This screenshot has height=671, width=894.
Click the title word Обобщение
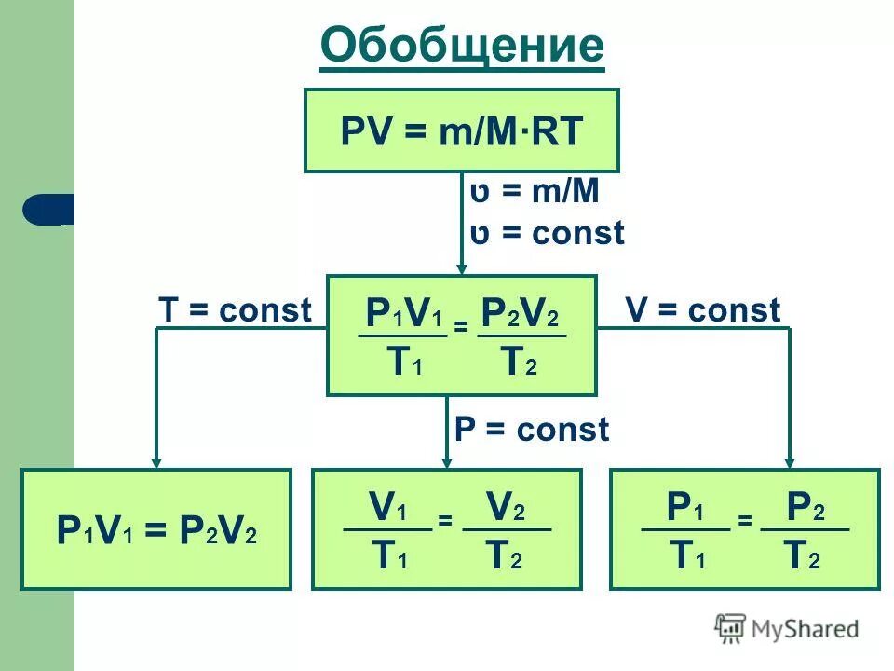(x=462, y=46)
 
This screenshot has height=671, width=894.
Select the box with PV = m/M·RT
(x=462, y=130)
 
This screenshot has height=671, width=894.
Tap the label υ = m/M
(x=535, y=193)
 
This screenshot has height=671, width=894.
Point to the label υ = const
(x=548, y=233)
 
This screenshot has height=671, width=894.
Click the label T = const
(x=235, y=310)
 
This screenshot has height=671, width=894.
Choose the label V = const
(x=703, y=310)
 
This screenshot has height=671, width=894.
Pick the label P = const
(x=531, y=430)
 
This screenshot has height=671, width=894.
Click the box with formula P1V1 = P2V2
(x=156, y=529)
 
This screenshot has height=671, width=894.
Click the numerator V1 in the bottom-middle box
(x=388, y=509)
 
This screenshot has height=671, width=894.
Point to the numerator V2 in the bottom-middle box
(x=506, y=509)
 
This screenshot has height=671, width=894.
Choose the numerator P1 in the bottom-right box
(x=685, y=509)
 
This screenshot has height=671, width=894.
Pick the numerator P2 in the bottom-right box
(x=805, y=509)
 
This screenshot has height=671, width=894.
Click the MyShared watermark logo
(x=787, y=629)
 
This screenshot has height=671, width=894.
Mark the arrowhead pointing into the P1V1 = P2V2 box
(x=156, y=460)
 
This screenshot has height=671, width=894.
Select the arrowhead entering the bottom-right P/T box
(x=790, y=460)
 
